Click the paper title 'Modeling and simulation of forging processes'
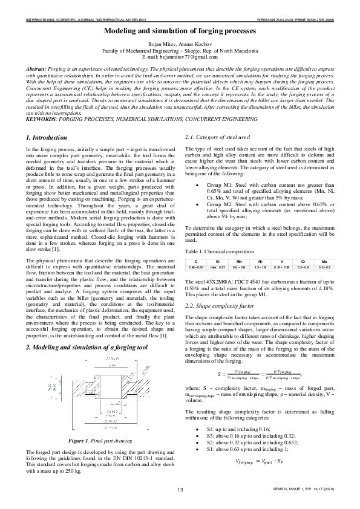180,30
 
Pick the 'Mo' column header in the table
324,261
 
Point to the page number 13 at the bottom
180,489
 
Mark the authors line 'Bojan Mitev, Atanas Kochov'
180,45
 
